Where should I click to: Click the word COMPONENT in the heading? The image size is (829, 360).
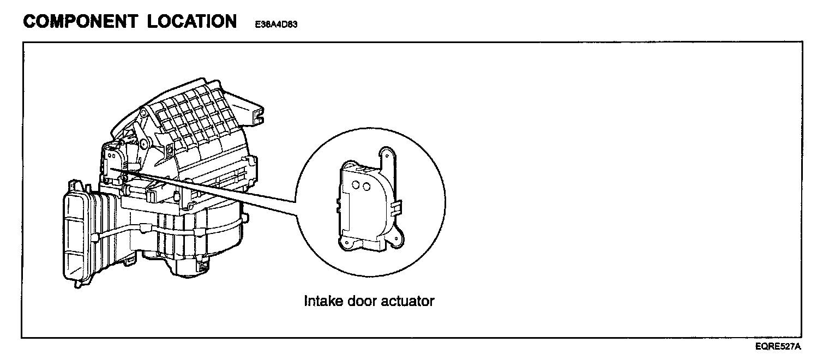pos(81,22)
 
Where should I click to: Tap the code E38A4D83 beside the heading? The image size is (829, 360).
pos(275,25)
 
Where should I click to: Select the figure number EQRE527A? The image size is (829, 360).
pos(778,346)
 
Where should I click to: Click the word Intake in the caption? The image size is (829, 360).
pos(323,301)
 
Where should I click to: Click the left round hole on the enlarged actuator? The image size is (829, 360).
pos(356,185)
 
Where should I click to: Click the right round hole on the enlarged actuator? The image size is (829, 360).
pos(366,187)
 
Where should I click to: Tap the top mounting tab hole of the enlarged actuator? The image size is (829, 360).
pos(386,154)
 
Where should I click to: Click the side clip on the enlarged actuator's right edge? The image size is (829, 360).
pos(398,207)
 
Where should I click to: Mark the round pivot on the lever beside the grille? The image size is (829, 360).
pos(144,144)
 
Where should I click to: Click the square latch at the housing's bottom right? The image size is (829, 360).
pos(202,267)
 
